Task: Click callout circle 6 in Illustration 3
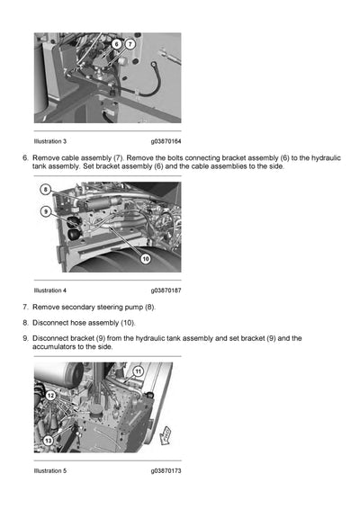117,43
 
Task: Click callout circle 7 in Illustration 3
130,43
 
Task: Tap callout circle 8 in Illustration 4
45,192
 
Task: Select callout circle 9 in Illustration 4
45,211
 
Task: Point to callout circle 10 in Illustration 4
144,258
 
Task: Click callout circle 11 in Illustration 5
138,371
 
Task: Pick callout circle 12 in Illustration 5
51,396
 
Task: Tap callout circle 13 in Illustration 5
48,440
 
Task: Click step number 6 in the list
25,157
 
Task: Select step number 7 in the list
25,307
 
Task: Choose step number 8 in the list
25,322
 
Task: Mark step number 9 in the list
25,338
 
